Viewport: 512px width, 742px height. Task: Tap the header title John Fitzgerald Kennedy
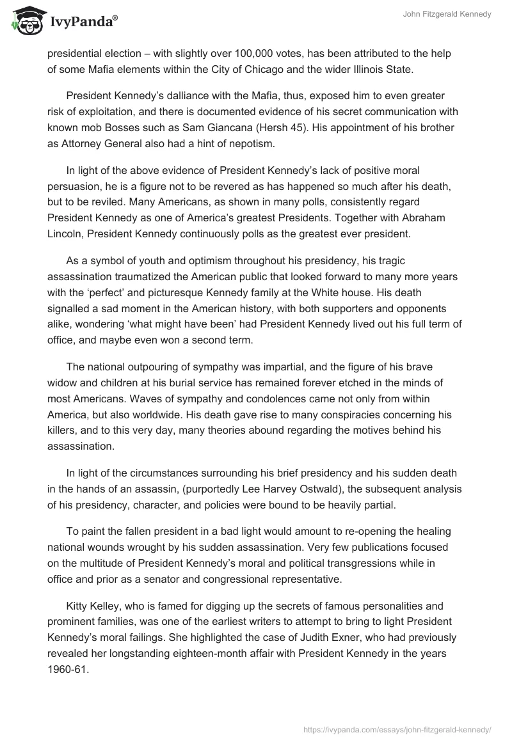point(448,15)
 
